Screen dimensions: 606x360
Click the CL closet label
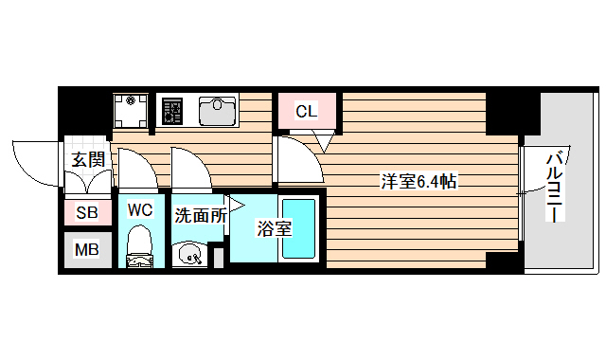(305, 112)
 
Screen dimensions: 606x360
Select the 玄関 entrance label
(87, 159)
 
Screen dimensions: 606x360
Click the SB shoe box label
(87, 213)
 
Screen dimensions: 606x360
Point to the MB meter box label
(87, 251)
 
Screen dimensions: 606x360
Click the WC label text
(140, 209)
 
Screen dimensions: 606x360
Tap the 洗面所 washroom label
(200, 215)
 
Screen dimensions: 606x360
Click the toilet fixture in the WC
(140, 244)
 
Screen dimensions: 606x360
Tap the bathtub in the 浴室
(299, 231)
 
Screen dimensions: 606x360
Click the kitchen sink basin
(218, 111)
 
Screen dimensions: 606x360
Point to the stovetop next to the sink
(171, 112)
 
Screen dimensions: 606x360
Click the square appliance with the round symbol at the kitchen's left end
(131, 110)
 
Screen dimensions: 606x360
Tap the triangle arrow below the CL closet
(322, 143)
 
